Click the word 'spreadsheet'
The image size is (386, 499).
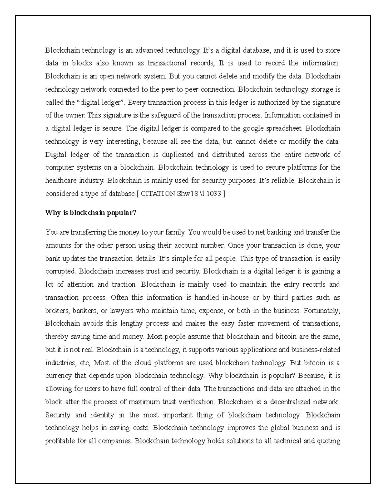pyautogui.click(x=283, y=129)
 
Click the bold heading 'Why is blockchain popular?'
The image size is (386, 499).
pyautogui.click(x=91, y=213)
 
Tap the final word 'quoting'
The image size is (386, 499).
pyautogui.click(x=329, y=441)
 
